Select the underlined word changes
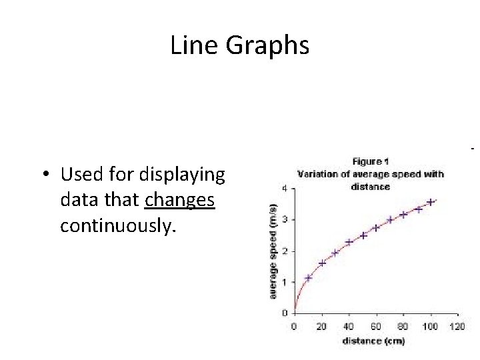179,200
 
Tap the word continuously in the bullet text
118,226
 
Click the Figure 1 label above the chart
370,161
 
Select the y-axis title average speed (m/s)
273,251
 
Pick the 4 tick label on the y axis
285,188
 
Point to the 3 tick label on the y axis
285,219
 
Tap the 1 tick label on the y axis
285,282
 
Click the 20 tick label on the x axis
322,327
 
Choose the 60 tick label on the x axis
376,327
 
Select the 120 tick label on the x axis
457,327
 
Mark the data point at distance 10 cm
308,277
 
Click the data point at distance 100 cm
431,202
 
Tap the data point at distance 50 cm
363,235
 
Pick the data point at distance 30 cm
335,253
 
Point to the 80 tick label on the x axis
403,327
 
